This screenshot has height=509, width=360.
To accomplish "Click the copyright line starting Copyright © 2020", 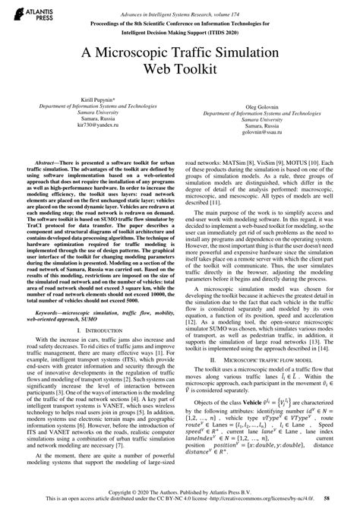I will tap(180, 493).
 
